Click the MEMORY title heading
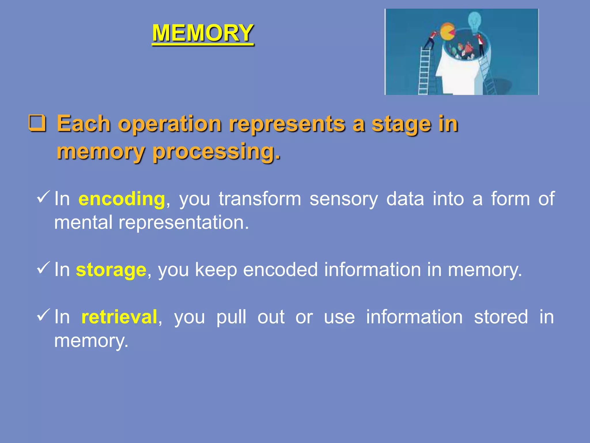(x=203, y=33)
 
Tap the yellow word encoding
(x=122, y=199)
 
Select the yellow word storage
(x=111, y=270)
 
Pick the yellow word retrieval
(x=119, y=317)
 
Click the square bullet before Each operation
(x=37, y=123)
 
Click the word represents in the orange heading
(x=287, y=124)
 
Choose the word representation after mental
(x=184, y=223)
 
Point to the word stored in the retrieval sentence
(x=501, y=317)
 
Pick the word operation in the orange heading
(x=170, y=124)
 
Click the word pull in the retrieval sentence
(x=231, y=317)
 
